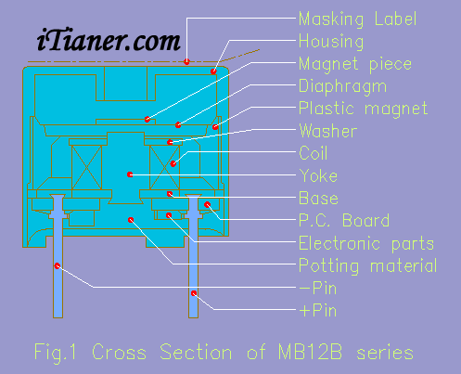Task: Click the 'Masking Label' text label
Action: pos(358,19)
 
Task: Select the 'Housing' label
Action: pos(331,42)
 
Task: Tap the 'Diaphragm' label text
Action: pos(342,86)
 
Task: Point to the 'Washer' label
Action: pos(328,131)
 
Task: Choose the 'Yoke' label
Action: pos(318,175)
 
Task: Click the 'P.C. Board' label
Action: pos(344,221)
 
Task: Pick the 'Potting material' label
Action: pos(368,266)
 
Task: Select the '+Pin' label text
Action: pos(318,310)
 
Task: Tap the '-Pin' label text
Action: pos(318,289)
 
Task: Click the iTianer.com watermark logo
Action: pos(109,40)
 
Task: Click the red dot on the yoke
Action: pos(130,174)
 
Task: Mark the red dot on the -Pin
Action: pos(58,265)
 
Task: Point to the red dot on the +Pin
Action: pos(194,293)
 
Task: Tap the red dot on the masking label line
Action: pos(186,61)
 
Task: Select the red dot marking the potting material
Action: pos(131,220)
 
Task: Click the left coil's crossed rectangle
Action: pos(86,167)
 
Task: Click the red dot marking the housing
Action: pos(213,71)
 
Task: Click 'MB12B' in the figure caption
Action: pos(310,352)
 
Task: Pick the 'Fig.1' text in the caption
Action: pos(55,353)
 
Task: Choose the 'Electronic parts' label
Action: pos(366,243)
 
